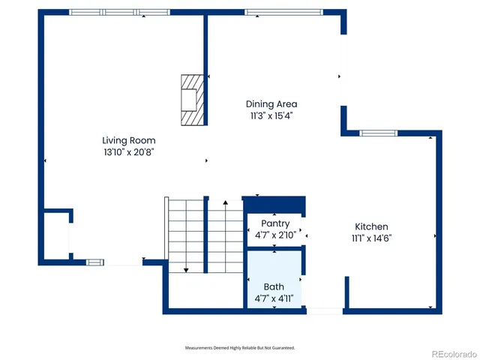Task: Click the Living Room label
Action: pos(129,140)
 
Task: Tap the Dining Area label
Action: pos(271,104)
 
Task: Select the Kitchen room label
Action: pos(371,226)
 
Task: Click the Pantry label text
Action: pos(275,223)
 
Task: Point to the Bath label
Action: pos(274,286)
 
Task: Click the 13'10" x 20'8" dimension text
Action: pos(129,151)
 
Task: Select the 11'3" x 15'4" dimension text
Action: pos(271,115)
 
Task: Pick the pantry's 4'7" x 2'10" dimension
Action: pos(275,235)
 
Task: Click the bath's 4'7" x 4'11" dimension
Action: pos(274,298)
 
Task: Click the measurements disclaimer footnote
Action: pos(240,348)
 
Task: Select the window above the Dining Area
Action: pos(283,12)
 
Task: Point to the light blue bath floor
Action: pos(274,270)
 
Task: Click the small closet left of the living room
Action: pos(55,235)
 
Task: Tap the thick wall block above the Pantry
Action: pos(274,204)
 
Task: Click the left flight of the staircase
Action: pos(185,232)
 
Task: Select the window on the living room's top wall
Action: pos(120,12)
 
